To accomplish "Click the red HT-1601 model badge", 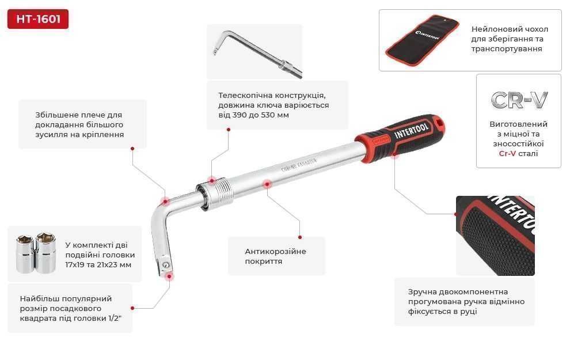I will point(38,19).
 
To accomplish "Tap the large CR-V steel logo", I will point(519,100).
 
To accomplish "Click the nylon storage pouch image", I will point(423,40).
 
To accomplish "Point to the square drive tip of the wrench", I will point(166,266).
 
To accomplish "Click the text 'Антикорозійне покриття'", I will point(275,256).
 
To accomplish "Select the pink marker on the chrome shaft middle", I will point(267,184).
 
